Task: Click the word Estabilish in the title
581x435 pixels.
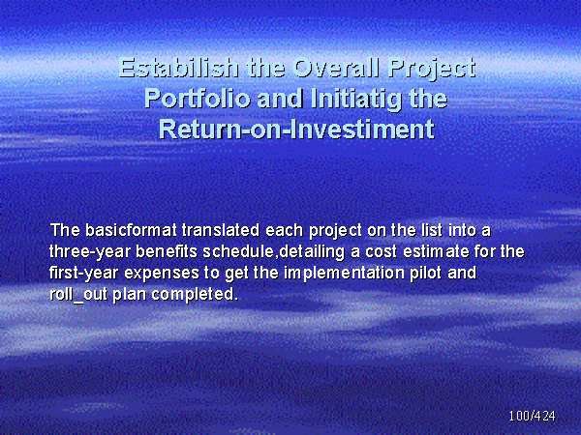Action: click(178, 68)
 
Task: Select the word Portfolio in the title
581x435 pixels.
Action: click(198, 99)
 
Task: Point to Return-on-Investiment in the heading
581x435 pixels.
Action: click(296, 129)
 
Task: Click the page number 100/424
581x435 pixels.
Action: click(532, 416)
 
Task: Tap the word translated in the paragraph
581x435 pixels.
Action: click(221, 230)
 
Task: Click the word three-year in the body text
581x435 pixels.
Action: click(90, 252)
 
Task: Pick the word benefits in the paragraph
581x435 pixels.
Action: click(167, 251)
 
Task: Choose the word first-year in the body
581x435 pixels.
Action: click(83, 273)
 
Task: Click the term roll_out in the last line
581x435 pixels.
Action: click(78, 295)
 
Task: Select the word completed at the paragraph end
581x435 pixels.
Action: click(193, 295)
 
